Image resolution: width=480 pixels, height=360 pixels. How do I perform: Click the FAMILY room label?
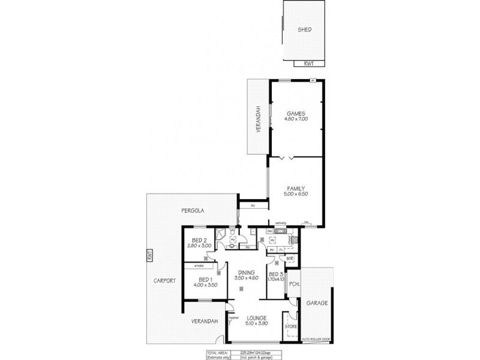(x=296, y=188)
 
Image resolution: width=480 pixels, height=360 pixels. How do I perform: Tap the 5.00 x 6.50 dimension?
(x=296, y=193)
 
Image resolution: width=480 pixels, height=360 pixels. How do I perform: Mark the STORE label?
(x=291, y=327)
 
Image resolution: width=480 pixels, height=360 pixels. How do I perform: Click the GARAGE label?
(x=317, y=304)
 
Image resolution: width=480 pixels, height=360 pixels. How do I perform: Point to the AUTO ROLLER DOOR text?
(x=316, y=339)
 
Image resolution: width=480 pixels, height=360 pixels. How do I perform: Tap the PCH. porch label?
(x=294, y=284)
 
